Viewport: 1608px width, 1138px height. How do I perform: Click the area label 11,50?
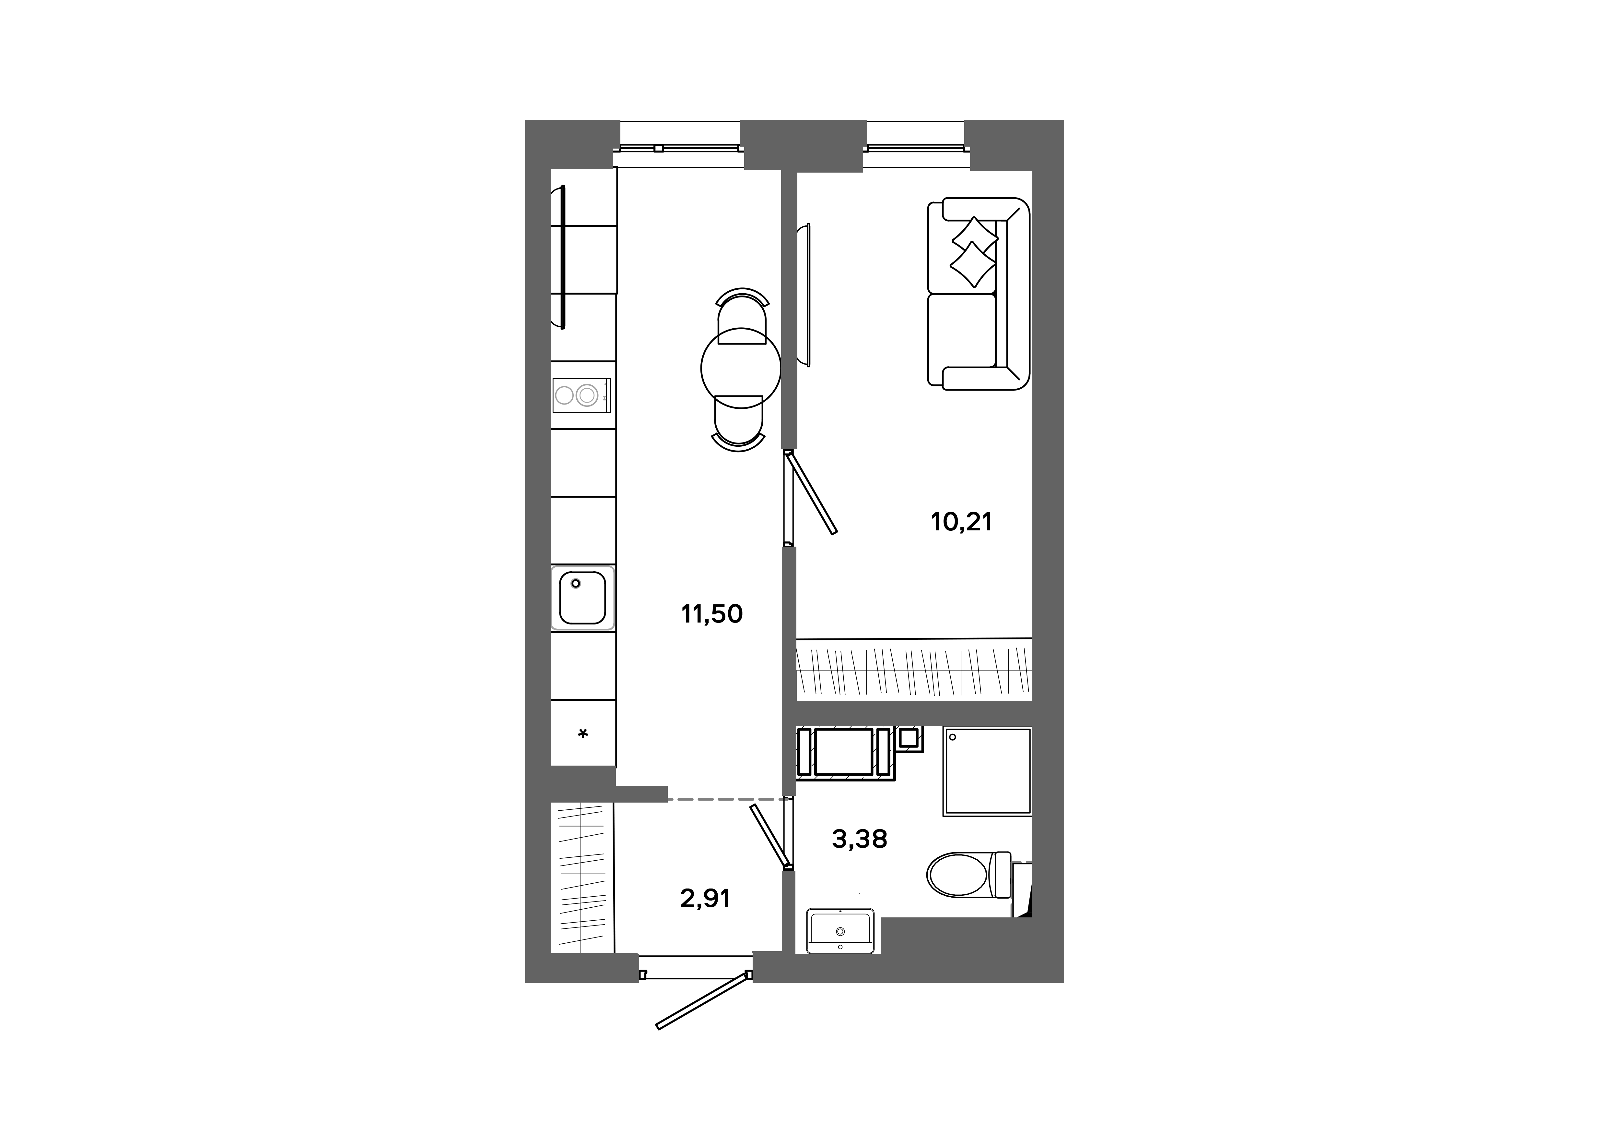[711, 614]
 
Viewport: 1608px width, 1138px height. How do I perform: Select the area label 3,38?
[859, 839]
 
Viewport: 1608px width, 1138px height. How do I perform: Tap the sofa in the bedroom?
[979, 294]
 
